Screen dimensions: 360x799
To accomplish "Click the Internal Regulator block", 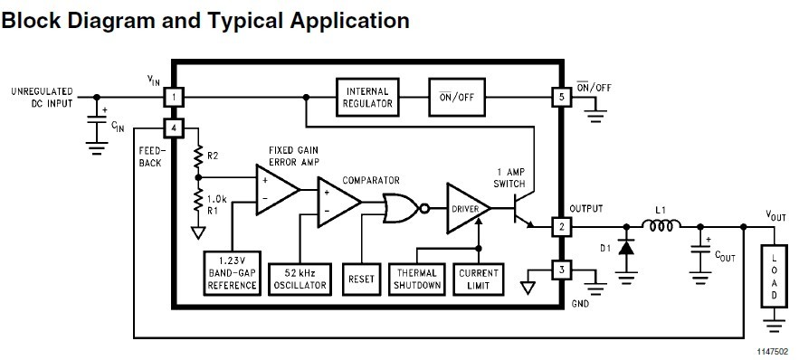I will (x=368, y=97).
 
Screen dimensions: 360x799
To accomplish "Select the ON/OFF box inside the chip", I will (x=456, y=97).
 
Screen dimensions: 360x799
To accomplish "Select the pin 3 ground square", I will (x=560, y=270).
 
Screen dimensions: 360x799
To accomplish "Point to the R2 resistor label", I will (x=213, y=156).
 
